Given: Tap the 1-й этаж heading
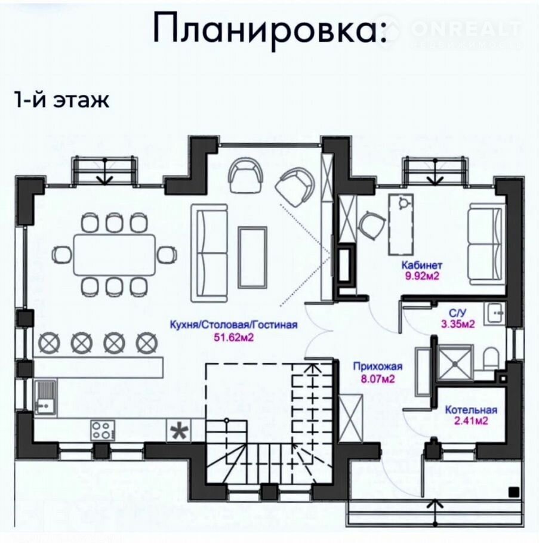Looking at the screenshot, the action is click(x=61, y=100).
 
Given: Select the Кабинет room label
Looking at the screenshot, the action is click(x=422, y=266).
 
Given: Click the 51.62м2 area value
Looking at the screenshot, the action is click(x=233, y=337).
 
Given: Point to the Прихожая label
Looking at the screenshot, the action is click(x=378, y=366).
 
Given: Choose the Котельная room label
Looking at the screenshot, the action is click(x=471, y=410).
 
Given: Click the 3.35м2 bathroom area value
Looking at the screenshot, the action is click(x=458, y=324).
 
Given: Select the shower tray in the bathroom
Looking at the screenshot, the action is click(x=454, y=363).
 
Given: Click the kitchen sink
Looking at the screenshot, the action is click(x=45, y=397).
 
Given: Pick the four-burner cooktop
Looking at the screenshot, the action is click(x=103, y=430).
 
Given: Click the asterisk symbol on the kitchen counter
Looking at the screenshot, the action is click(x=179, y=431).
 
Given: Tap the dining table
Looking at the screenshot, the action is click(x=115, y=255).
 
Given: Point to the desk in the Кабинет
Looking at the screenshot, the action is click(x=402, y=224).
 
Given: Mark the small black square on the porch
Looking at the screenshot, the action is click(x=514, y=492).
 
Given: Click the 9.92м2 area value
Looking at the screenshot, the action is click(x=422, y=276).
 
